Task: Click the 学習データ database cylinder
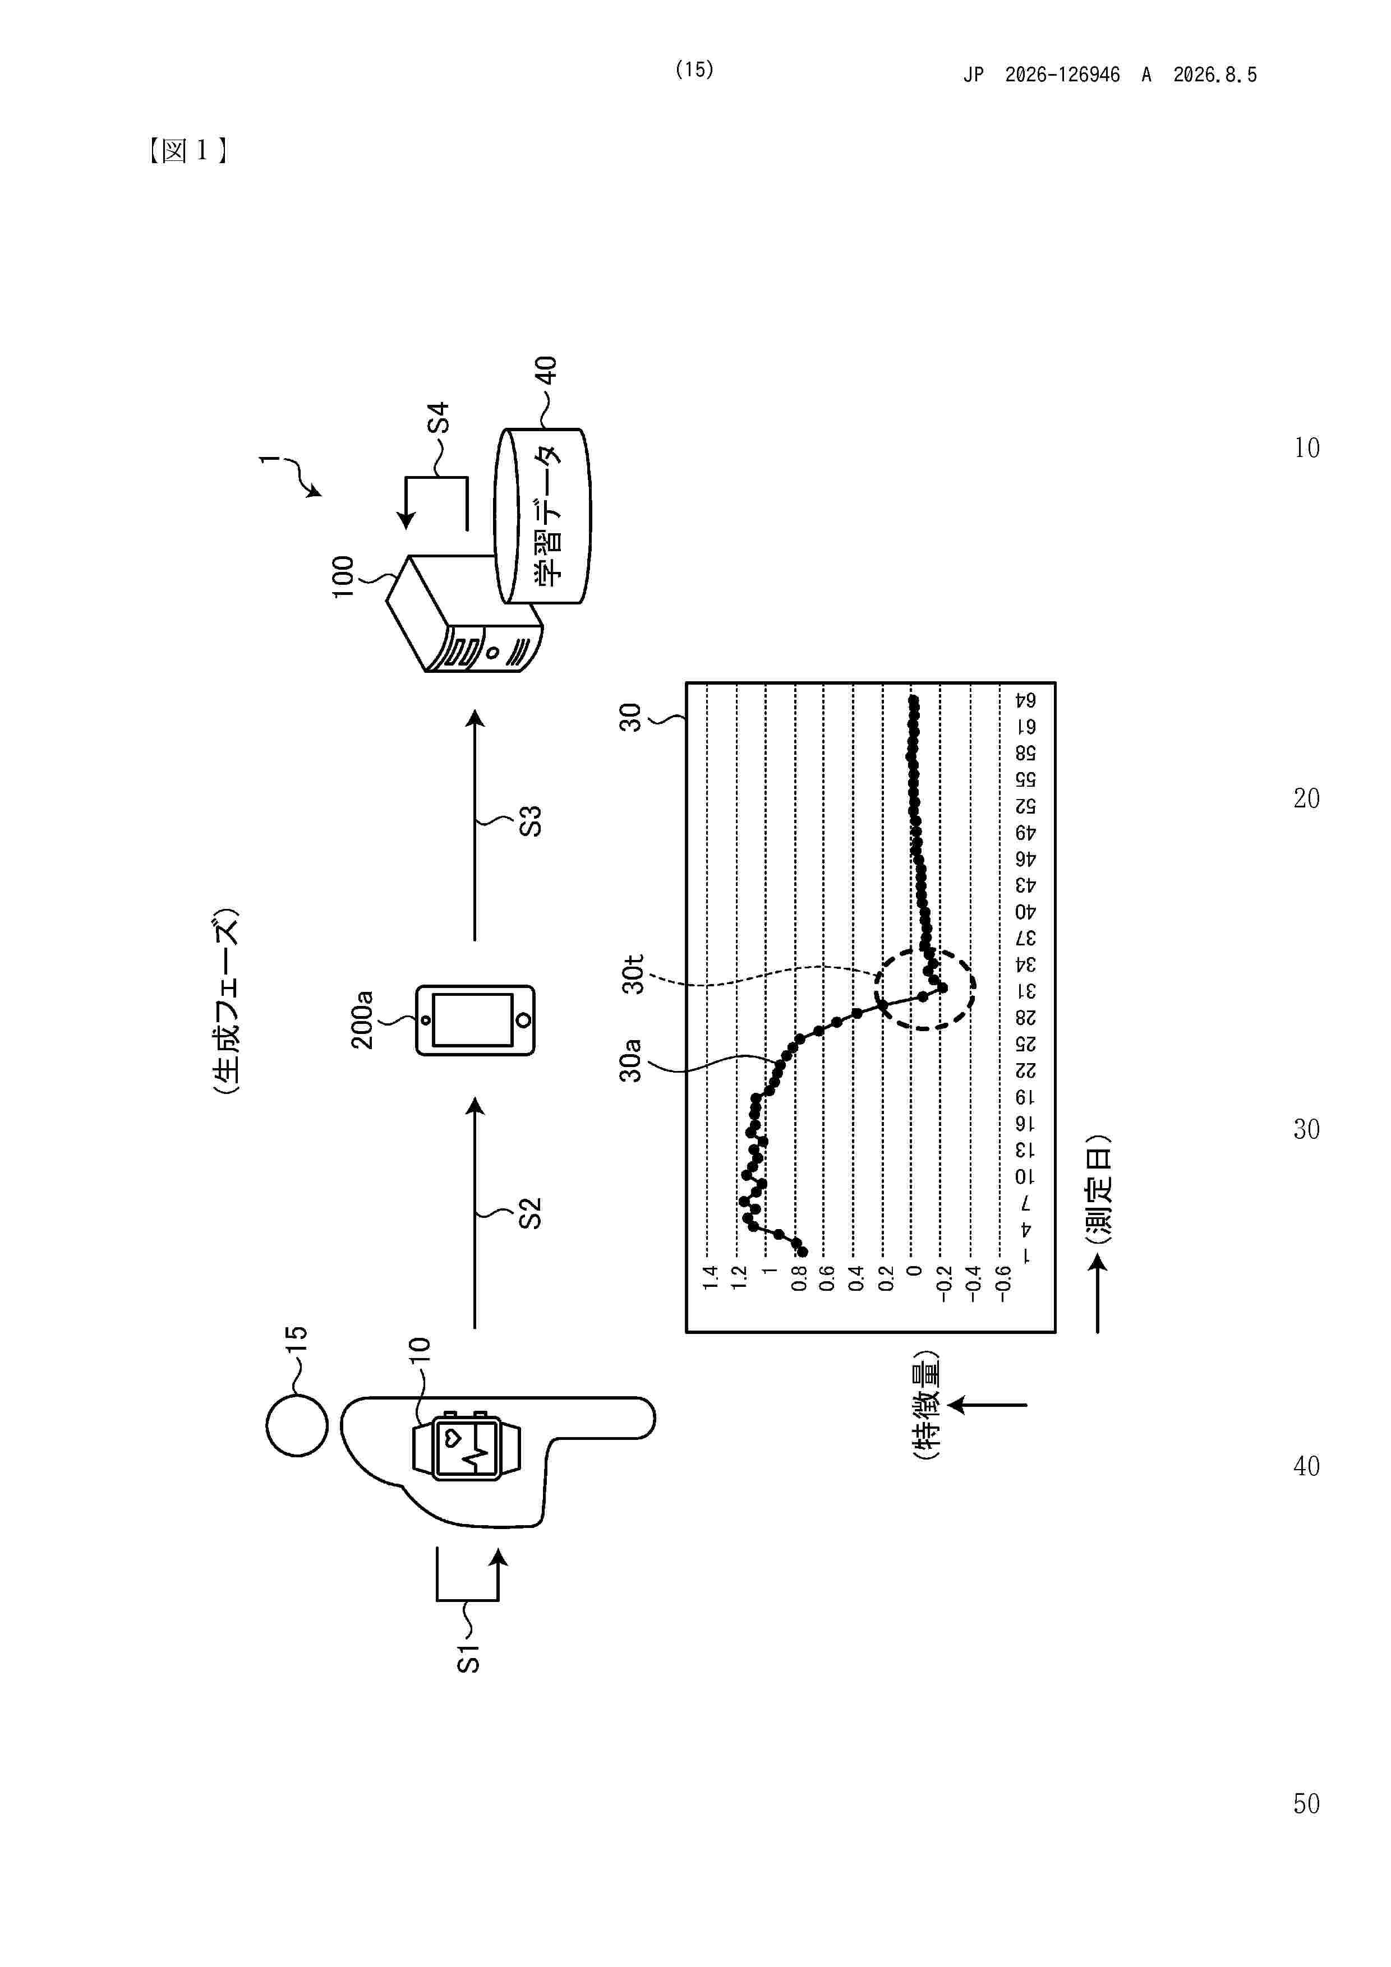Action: [542, 516]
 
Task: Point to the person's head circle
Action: [297, 1425]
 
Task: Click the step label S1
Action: [468, 1659]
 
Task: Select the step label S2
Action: [531, 1213]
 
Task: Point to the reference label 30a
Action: [631, 1060]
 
